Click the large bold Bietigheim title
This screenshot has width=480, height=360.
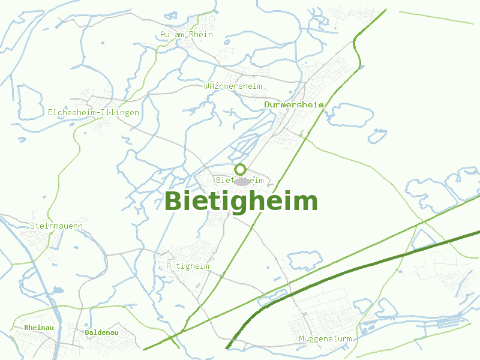[x=241, y=201]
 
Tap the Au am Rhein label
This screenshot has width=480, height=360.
[x=187, y=35]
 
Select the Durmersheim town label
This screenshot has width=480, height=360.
[x=294, y=104]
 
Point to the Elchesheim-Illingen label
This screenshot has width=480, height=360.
[x=94, y=112]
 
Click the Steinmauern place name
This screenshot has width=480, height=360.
[x=56, y=226]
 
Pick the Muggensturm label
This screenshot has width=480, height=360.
[x=325, y=339]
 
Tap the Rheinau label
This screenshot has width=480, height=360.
[x=40, y=328]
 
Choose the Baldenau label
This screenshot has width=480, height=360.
[x=101, y=332]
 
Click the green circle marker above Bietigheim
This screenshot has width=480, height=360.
[x=241, y=169]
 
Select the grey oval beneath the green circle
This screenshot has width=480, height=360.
[x=241, y=181]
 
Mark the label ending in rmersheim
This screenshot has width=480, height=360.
[x=233, y=86]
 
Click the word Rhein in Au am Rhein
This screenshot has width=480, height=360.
[x=201, y=35]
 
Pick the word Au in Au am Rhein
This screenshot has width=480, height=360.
[x=165, y=35]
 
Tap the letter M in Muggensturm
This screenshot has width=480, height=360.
[x=302, y=339]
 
